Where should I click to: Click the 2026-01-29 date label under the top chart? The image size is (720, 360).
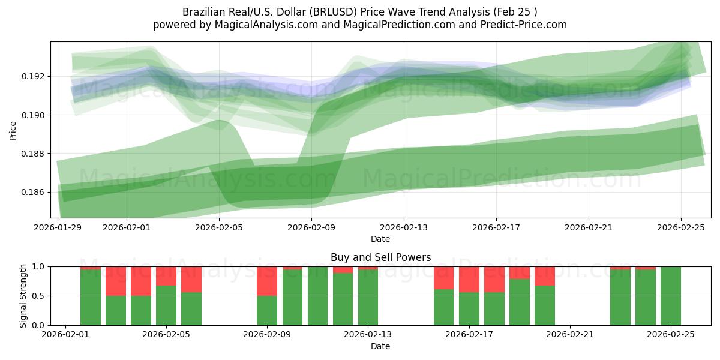pos(58,228)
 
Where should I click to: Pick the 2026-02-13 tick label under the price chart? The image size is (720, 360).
pos(403,228)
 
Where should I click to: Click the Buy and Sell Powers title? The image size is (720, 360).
pos(380,257)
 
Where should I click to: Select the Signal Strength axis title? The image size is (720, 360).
pos(23,295)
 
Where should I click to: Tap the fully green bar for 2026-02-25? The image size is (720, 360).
pos(670,296)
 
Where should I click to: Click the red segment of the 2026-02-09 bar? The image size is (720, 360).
pos(267,281)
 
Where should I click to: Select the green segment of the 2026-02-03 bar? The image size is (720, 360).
pos(116,310)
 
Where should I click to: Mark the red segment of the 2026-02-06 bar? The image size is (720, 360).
pos(191,279)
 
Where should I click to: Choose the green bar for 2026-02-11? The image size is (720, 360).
pos(317,296)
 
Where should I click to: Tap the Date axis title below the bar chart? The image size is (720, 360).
pos(380,346)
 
